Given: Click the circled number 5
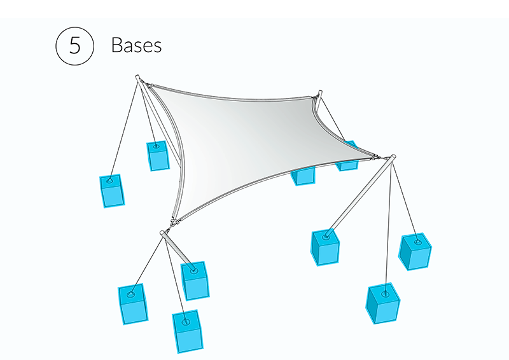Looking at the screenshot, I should click(x=75, y=46).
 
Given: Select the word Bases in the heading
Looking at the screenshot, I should click(x=136, y=46).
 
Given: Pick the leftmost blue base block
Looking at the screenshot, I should click(x=112, y=191).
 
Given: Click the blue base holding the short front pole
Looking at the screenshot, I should click(x=195, y=280).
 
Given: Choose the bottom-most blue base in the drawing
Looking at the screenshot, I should click(x=188, y=331).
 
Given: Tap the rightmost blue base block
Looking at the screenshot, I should click(x=415, y=251).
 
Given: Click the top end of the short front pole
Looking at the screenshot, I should click(x=163, y=234).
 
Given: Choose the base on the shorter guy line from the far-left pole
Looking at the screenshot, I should click(x=158, y=155).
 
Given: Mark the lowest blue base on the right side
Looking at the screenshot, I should click(x=384, y=304).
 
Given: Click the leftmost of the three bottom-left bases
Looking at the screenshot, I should click(x=133, y=303).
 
